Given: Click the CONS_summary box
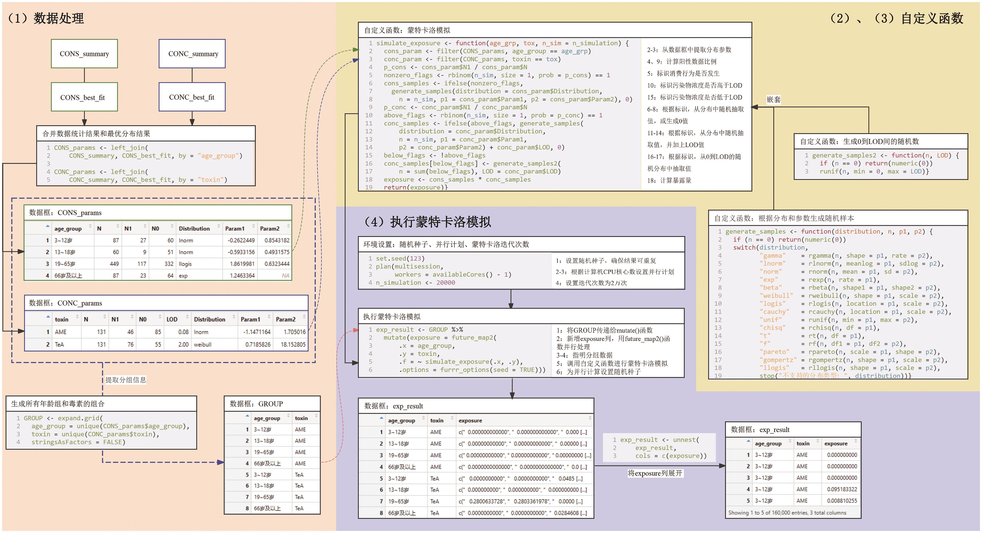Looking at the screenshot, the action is point(84,54).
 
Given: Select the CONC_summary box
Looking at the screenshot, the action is point(192,54).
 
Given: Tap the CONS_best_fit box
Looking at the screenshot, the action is point(84,97).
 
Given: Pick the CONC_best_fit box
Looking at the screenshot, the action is point(192,97).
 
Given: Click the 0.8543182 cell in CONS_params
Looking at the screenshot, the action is point(277,240).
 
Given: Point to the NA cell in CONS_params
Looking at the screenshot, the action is point(286,276).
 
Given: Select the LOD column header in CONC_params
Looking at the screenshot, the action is point(172,319).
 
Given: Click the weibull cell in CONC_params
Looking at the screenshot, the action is point(203,345).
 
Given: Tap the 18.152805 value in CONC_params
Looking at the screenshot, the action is point(293,345).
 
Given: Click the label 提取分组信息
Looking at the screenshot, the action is point(126,380).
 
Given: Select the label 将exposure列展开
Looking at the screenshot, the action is point(655,473).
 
